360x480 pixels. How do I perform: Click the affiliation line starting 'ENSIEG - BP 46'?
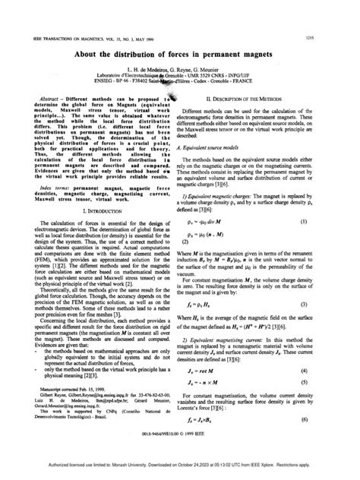180,78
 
